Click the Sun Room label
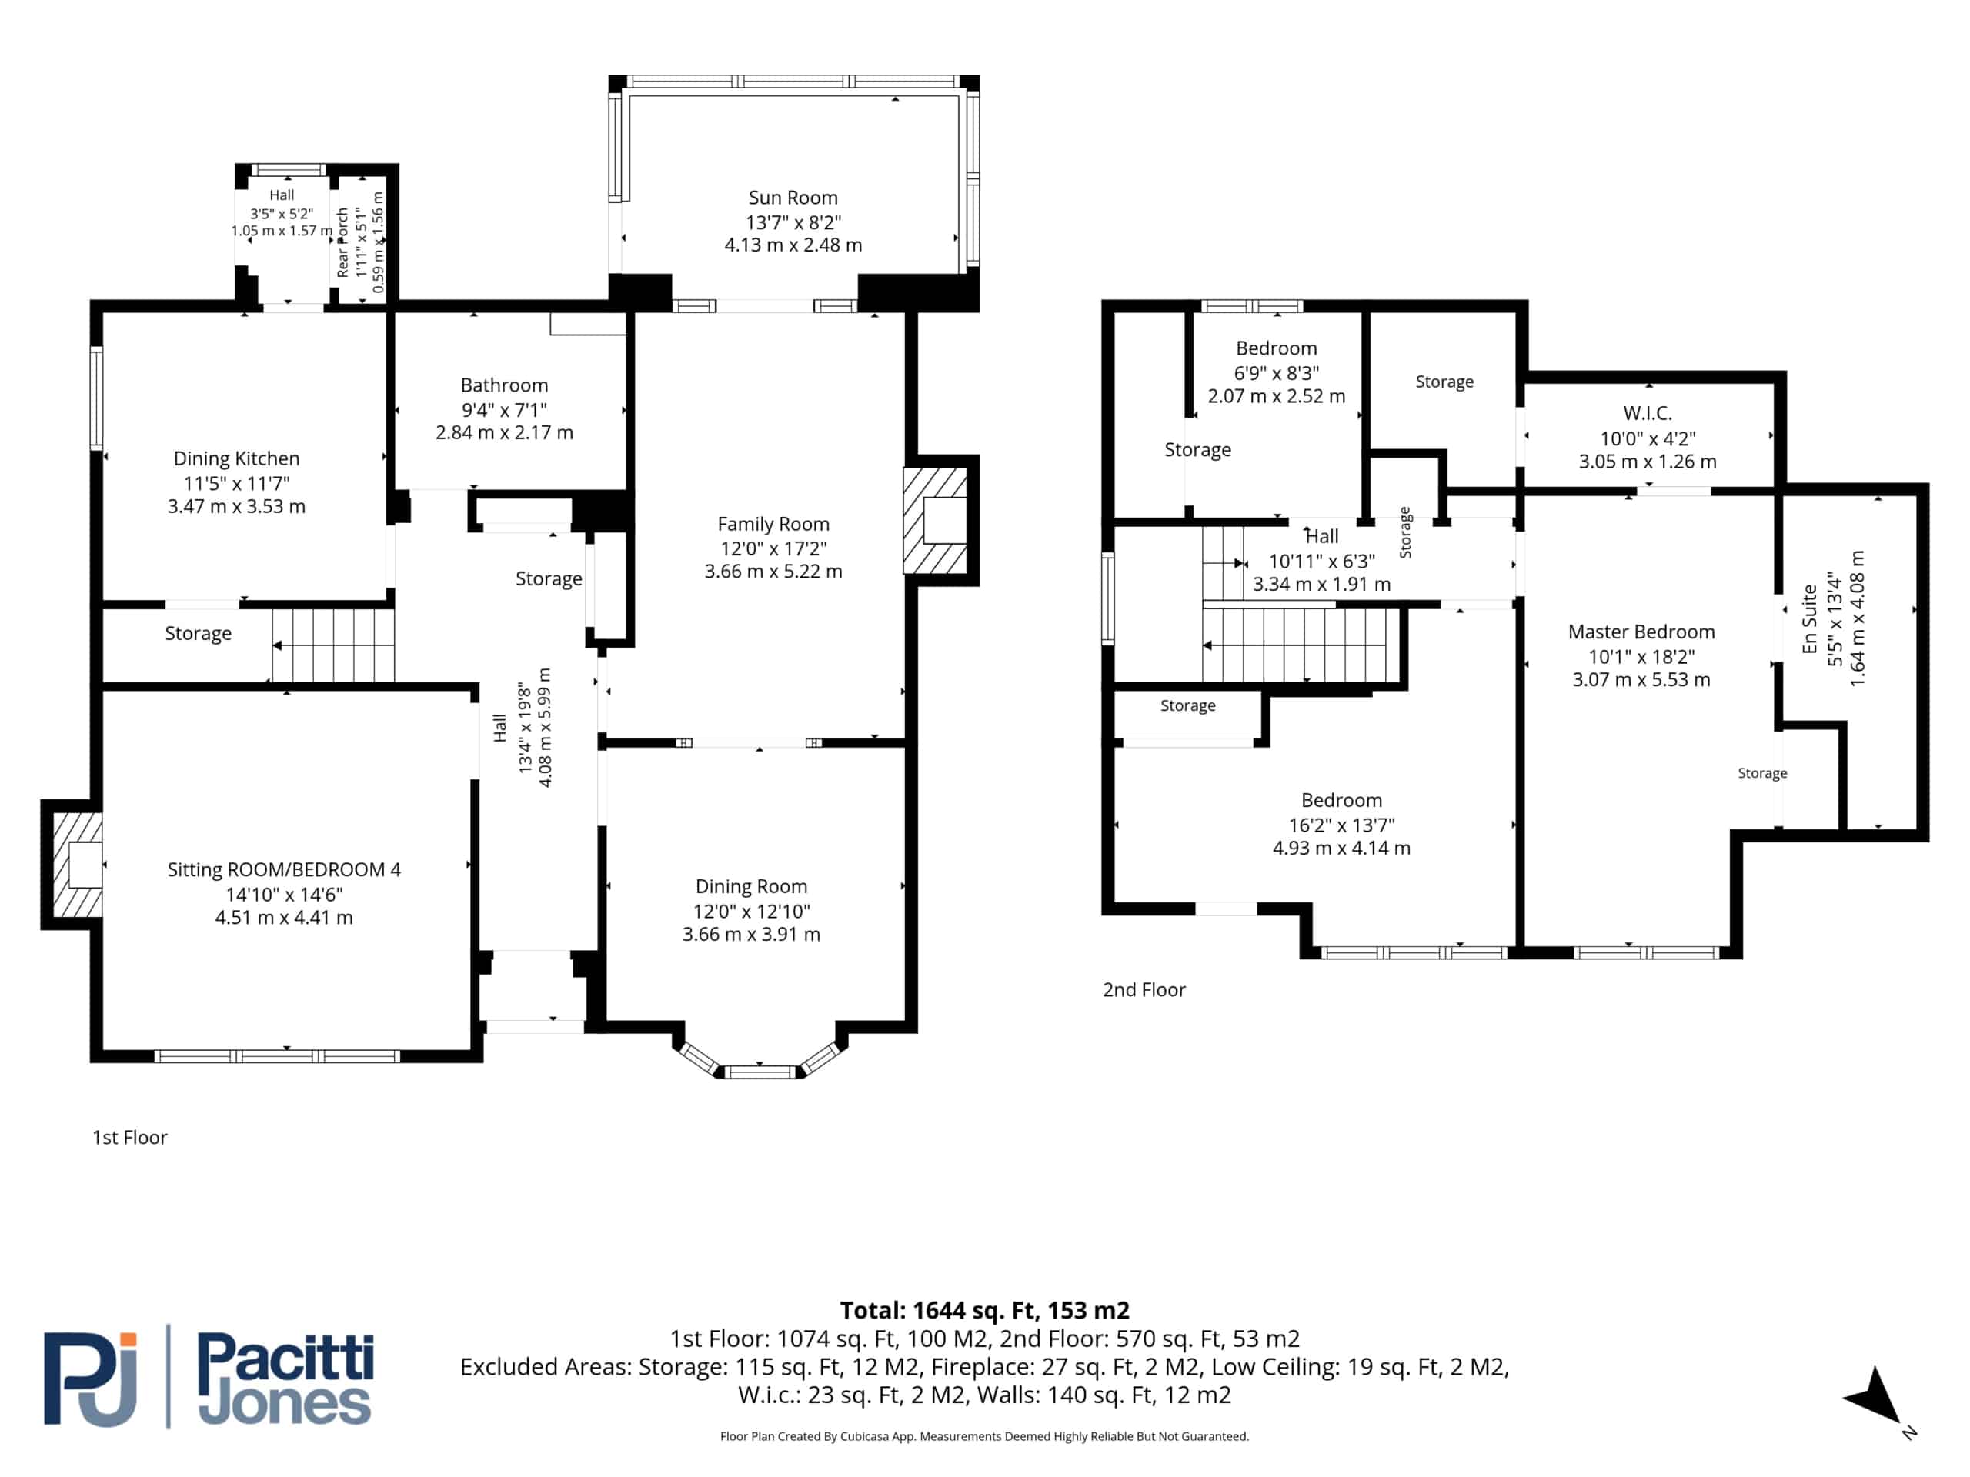point(793,198)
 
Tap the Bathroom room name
point(504,385)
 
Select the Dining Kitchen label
point(236,458)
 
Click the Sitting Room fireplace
point(77,864)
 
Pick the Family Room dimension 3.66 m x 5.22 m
point(773,572)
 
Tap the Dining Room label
point(751,887)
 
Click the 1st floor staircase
point(333,645)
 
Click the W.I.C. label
point(1648,413)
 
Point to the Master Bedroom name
point(1641,632)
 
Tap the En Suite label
point(1810,618)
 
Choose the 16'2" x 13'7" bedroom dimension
point(1341,825)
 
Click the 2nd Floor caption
point(1144,990)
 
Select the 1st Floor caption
point(130,1138)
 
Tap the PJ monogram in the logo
point(91,1379)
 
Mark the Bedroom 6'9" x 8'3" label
point(1276,349)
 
